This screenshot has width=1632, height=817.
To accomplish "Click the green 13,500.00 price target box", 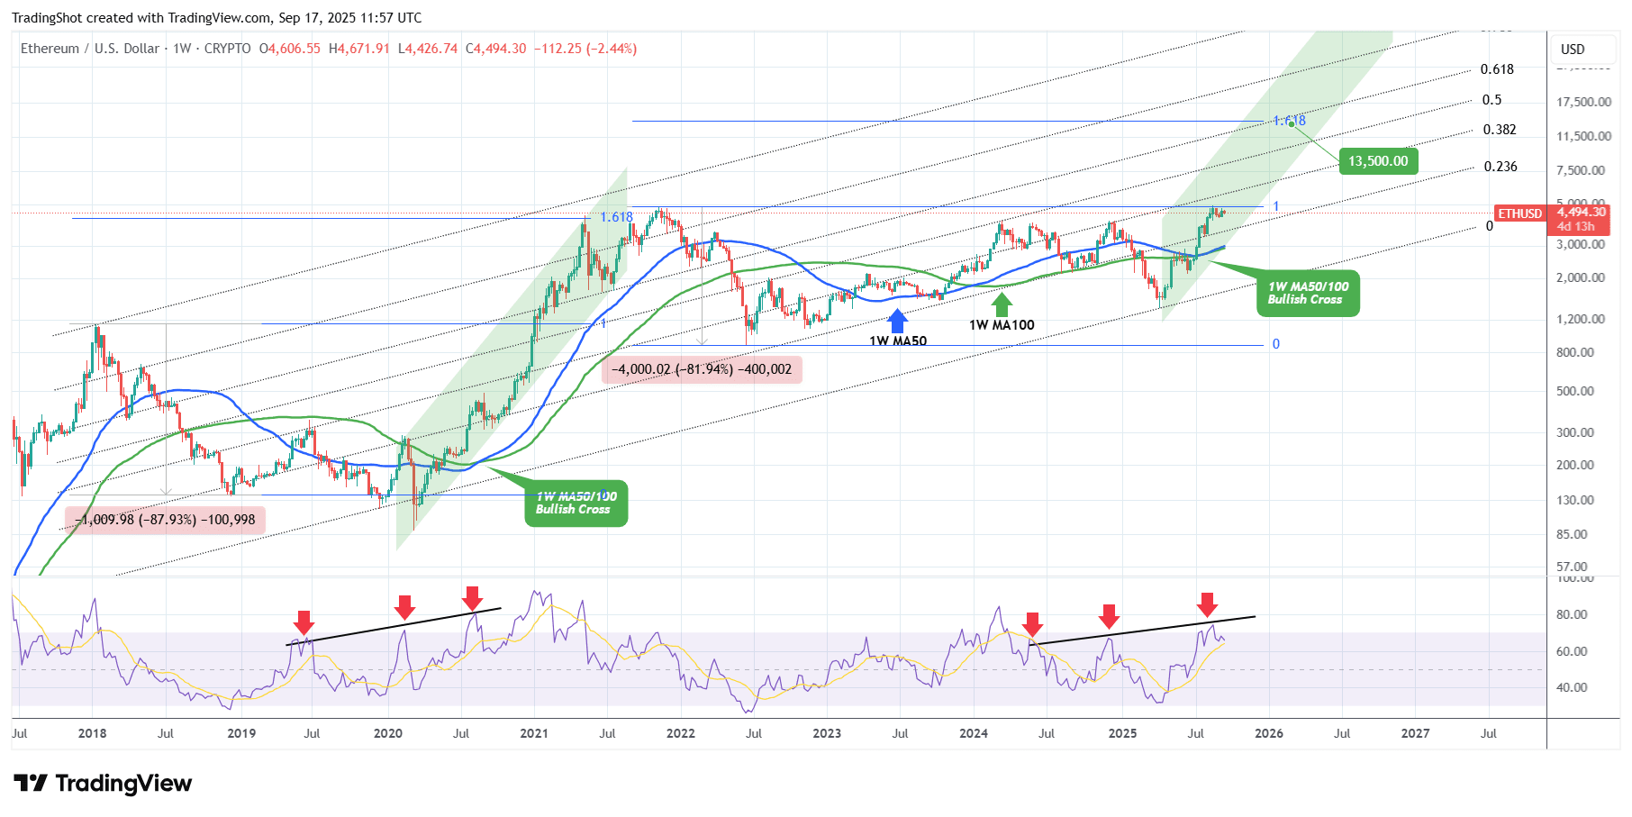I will [x=1377, y=161].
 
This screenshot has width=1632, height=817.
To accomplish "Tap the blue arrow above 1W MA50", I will [x=897, y=322].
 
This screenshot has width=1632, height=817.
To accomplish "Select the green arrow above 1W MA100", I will [x=1002, y=304].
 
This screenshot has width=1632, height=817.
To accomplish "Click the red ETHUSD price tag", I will [x=1519, y=213].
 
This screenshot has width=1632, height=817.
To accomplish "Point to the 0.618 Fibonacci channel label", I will [x=1497, y=69].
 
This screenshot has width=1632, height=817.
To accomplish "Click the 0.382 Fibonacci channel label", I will [x=1500, y=130].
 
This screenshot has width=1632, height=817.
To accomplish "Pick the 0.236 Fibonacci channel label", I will [x=1501, y=167].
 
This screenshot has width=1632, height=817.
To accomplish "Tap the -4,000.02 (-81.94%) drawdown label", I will [x=702, y=369].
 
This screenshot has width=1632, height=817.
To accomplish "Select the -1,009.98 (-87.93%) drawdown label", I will [x=166, y=520].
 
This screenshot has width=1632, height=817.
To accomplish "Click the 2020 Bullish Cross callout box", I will [x=576, y=504].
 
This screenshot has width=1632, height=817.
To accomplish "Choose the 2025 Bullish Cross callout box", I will [x=1308, y=294].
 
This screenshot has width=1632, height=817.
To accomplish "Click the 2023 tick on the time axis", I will [x=827, y=733].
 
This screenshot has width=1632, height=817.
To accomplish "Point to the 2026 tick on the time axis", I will [x=1269, y=733].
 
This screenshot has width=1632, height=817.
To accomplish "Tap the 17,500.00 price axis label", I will [x=1583, y=102].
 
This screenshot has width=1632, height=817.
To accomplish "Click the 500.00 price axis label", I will [x=1574, y=391].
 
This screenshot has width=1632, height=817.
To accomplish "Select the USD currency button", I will [x=1573, y=50].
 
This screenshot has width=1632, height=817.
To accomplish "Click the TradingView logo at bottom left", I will [x=103, y=784].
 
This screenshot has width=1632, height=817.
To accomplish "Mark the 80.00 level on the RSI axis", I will [x=1572, y=614].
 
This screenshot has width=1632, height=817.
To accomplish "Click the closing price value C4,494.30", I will [x=495, y=49].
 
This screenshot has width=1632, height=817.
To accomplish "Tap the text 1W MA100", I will [x=1002, y=325].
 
